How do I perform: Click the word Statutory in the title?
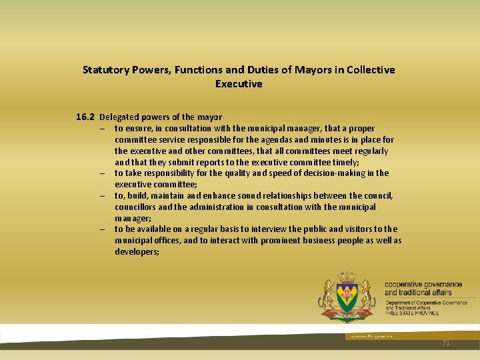click(x=103, y=70)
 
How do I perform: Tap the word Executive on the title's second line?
click(x=239, y=84)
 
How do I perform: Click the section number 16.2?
click(x=85, y=117)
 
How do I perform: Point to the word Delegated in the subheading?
click(x=119, y=117)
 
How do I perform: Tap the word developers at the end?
click(x=136, y=252)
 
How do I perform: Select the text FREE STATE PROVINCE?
click(x=412, y=313)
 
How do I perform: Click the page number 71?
click(x=446, y=342)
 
